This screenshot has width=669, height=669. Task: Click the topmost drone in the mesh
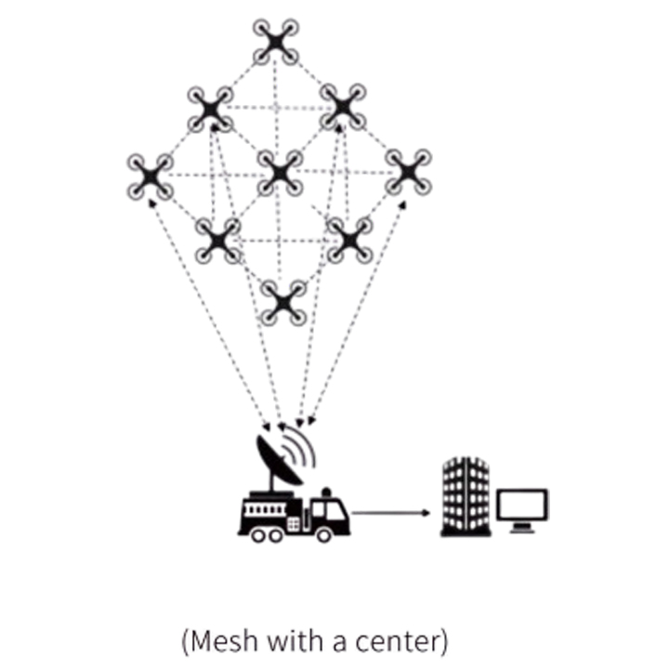(x=276, y=41)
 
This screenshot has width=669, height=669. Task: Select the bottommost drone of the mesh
(x=282, y=302)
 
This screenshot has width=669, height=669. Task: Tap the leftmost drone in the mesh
(x=150, y=177)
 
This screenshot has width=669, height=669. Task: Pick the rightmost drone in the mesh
(x=407, y=172)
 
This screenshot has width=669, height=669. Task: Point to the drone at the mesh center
(x=279, y=172)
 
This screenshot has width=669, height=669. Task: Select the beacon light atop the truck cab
(x=325, y=491)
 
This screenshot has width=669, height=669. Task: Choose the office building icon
(x=464, y=496)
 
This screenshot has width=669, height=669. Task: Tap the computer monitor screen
(x=522, y=505)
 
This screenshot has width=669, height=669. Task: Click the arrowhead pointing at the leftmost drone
(x=153, y=203)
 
